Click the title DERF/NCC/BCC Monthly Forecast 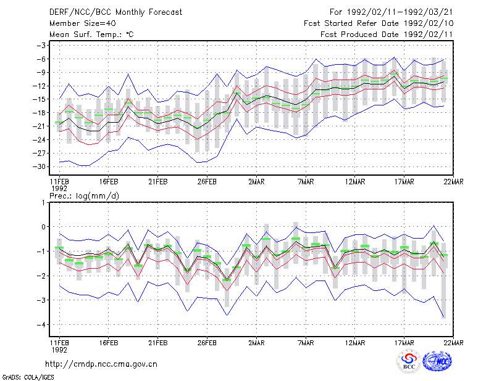click(x=115, y=12)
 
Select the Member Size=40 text click(x=83, y=23)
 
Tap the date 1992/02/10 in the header click(x=428, y=23)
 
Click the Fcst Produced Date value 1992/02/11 click(x=428, y=35)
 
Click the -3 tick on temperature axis click(x=41, y=45)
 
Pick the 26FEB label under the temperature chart click(x=207, y=182)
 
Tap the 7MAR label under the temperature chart click(x=306, y=182)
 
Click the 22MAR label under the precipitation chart click(x=453, y=343)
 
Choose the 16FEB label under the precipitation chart click(x=109, y=343)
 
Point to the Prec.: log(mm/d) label click(x=84, y=196)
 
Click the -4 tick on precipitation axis click(x=41, y=324)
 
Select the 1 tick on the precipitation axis click(x=43, y=202)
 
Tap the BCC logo click(x=409, y=362)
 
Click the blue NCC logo click(x=438, y=361)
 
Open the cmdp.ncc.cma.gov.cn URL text click(x=101, y=364)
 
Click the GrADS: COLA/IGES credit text click(x=28, y=377)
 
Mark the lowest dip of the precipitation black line click(x=227, y=279)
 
